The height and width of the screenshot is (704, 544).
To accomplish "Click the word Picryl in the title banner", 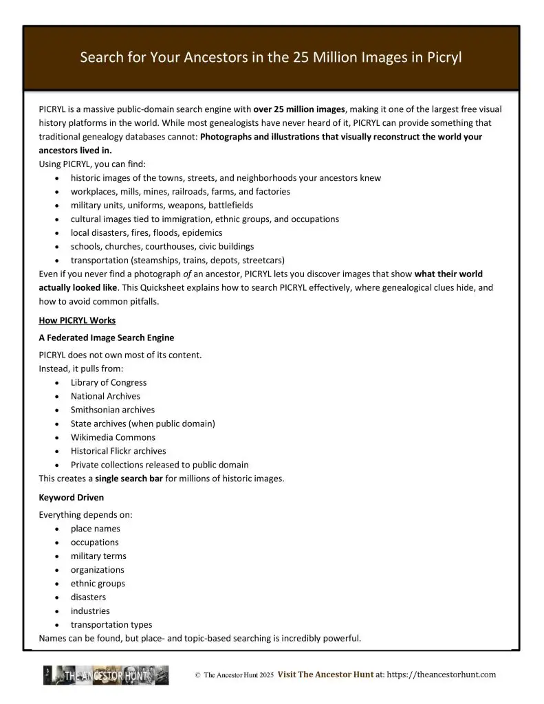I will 442,57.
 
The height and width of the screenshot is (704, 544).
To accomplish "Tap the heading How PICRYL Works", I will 77,320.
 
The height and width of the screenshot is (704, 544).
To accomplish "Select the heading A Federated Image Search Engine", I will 107,338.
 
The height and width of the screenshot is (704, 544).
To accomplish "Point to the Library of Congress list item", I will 109,382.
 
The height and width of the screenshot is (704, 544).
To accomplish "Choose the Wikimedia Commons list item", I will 113,437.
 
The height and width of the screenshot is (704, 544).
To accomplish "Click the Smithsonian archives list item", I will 113,410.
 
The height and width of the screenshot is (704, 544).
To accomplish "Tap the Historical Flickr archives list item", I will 118,451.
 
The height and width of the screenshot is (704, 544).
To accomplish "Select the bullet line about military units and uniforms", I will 162,205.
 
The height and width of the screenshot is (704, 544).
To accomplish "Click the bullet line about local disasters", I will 146,232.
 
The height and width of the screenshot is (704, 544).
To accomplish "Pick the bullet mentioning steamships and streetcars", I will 177,260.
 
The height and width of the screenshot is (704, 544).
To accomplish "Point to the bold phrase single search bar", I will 129,478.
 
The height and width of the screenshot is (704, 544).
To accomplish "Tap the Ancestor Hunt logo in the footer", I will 106,675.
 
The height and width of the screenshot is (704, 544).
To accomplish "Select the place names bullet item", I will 96,529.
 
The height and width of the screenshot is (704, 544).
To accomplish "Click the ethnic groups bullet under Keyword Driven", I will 98,584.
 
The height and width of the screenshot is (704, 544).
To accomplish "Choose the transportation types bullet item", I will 111,625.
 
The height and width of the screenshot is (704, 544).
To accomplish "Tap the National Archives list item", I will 105,396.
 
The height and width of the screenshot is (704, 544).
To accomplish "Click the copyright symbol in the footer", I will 197,676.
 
